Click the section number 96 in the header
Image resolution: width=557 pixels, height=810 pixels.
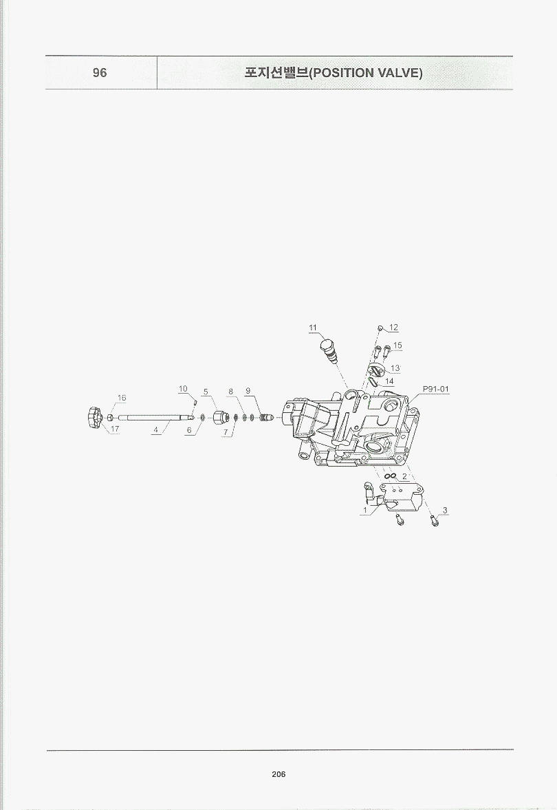pyautogui.click(x=100, y=72)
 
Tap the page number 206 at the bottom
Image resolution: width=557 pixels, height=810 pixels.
pyautogui.click(x=278, y=774)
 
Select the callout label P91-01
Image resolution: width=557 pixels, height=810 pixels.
pyautogui.click(x=436, y=388)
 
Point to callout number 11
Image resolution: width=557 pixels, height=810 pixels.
pyautogui.click(x=313, y=328)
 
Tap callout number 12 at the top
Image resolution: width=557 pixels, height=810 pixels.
pyautogui.click(x=393, y=328)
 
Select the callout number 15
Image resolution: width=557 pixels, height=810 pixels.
pyautogui.click(x=397, y=345)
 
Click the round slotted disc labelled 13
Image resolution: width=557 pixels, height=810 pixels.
pyautogui.click(x=378, y=371)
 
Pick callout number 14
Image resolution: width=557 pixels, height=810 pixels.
pyautogui.click(x=389, y=381)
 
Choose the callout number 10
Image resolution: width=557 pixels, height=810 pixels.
pyautogui.click(x=183, y=389)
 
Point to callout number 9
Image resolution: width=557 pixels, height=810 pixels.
pyautogui.click(x=248, y=390)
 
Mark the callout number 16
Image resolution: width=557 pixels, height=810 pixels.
pyautogui.click(x=121, y=398)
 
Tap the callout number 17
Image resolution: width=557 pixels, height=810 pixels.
pyautogui.click(x=115, y=429)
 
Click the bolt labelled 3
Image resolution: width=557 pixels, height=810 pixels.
pyautogui.click(x=434, y=521)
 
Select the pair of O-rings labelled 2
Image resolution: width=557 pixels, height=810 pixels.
pyautogui.click(x=391, y=476)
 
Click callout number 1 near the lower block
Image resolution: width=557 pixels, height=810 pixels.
pyautogui.click(x=365, y=510)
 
